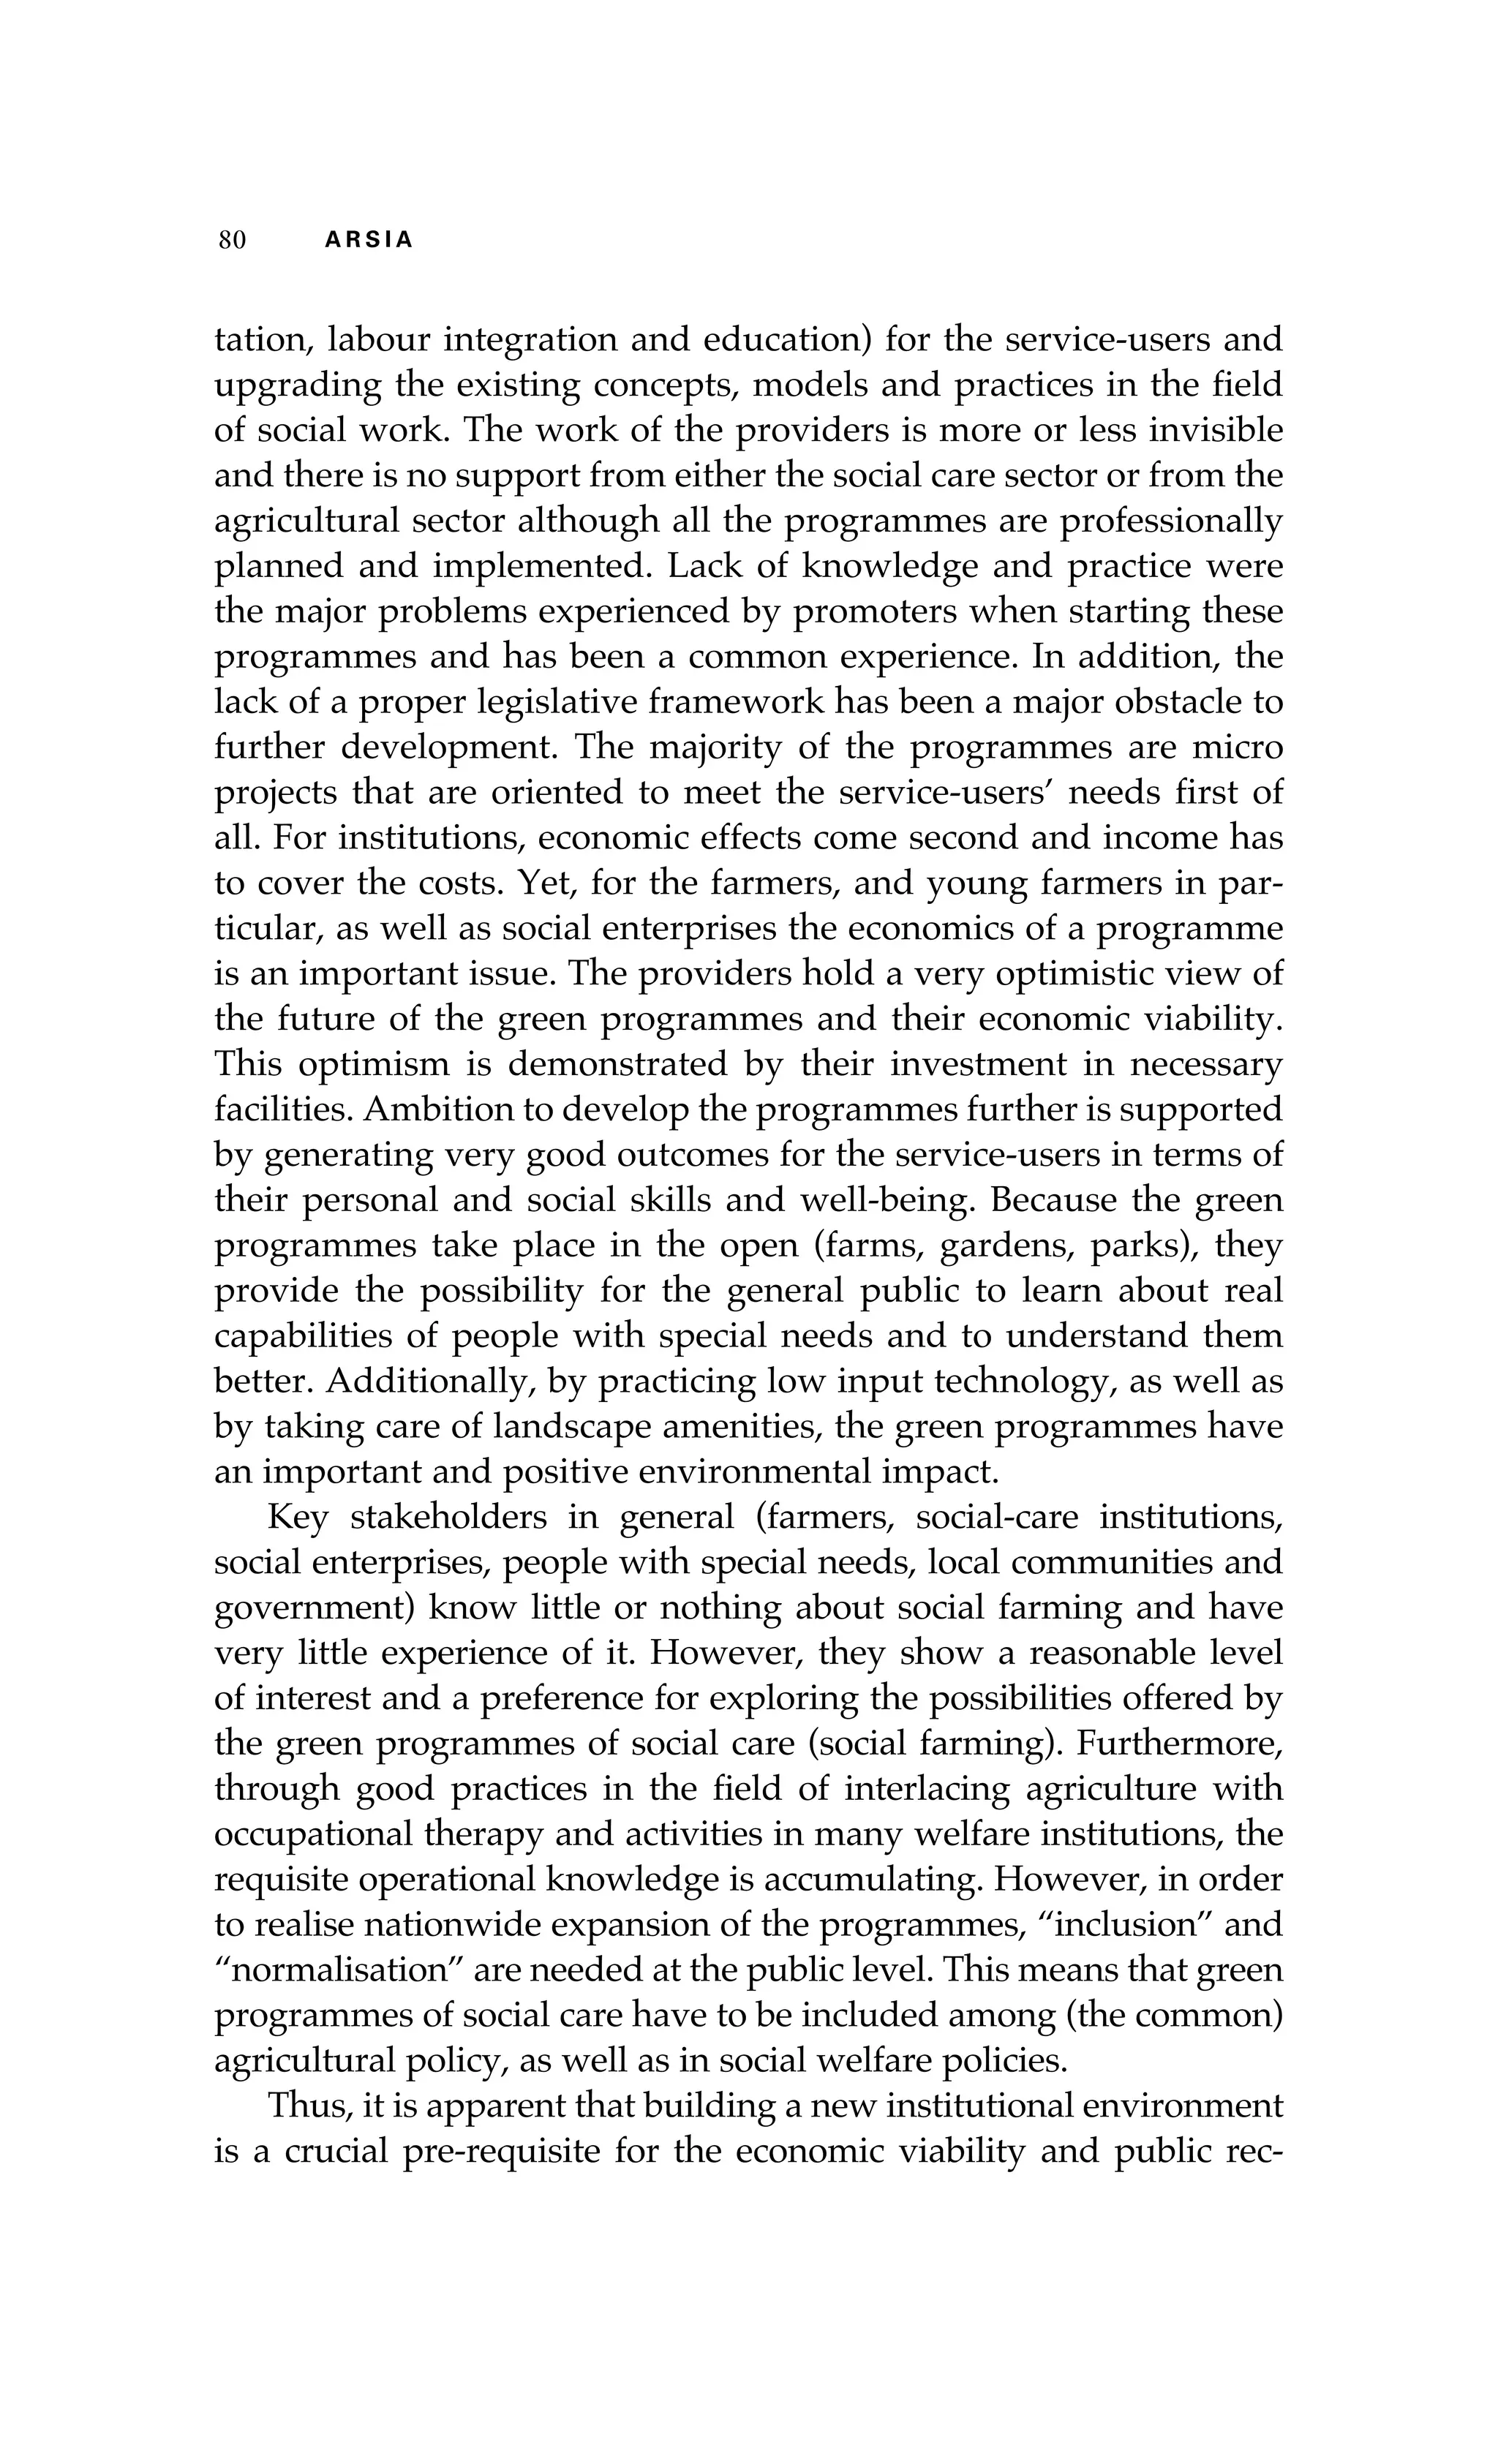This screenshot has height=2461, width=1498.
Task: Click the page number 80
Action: tap(232, 241)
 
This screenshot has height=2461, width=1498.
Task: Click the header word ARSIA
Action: tap(369, 241)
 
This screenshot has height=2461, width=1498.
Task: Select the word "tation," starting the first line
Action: tap(262, 341)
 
